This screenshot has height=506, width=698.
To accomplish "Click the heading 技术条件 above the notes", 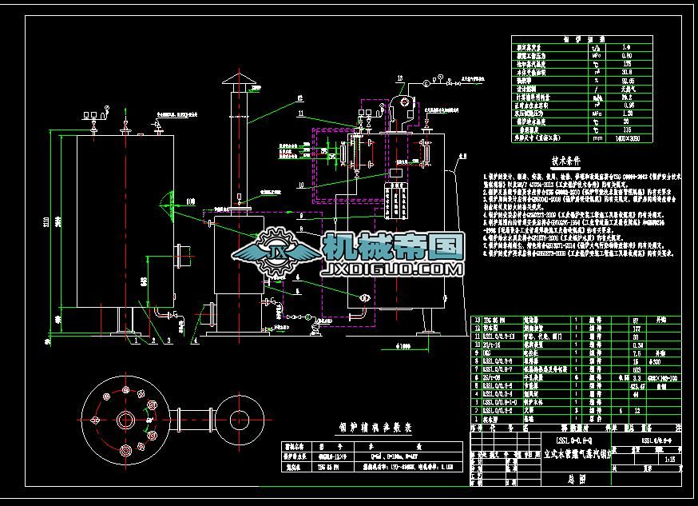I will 568,159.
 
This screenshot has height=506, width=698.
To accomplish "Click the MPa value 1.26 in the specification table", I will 627,112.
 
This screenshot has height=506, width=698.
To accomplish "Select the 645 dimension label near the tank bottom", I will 143,281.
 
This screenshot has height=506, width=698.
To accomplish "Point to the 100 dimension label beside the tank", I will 190,201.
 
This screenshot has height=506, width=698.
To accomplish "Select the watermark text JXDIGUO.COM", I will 391,270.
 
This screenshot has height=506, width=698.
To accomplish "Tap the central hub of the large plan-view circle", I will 124,419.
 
